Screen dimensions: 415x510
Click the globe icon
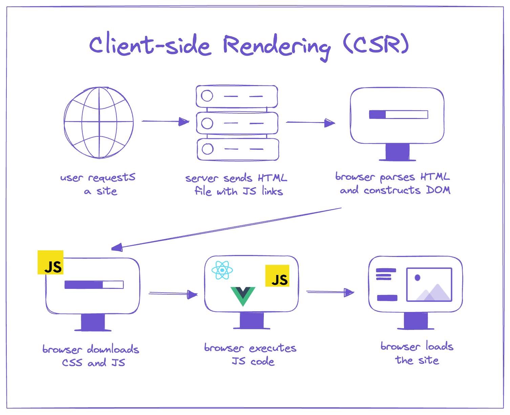tap(99, 122)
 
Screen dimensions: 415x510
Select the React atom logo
tap(222, 270)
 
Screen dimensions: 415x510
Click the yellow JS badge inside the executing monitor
tap(277, 276)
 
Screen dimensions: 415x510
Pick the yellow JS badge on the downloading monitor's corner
tap(50, 262)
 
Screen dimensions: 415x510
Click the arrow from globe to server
tap(165, 121)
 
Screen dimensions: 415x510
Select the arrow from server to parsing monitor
tap(310, 122)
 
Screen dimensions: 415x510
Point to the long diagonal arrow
tap(226, 228)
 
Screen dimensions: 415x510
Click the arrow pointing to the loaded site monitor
tap(330, 292)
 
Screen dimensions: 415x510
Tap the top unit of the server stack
tap(237, 96)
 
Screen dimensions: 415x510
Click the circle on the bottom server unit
tap(207, 149)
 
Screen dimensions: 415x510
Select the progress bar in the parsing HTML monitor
tap(398, 115)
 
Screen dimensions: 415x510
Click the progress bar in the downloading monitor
tap(94, 285)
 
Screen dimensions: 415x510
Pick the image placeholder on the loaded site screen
tap(429, 284)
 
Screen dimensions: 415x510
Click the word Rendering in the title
tap(276, 46)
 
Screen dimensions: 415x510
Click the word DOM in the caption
tap(438, 190)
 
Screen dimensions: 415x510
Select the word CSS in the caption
tap(72, 363)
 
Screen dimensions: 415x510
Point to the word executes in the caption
tap(273, 348)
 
